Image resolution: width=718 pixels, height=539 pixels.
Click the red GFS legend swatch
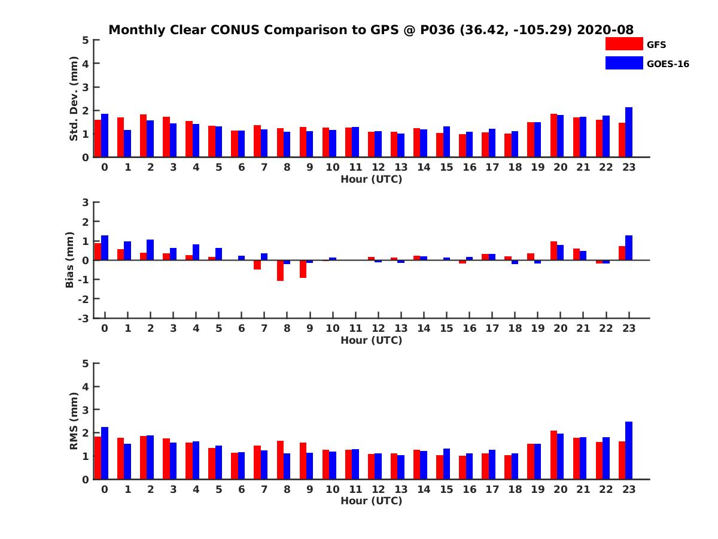pyautogui.click(x=624, y=44)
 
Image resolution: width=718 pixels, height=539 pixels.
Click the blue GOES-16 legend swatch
pyautogui.click(x=624, y=63)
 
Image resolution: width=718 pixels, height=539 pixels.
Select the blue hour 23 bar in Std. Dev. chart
pyautogui.click(x=628, y=132)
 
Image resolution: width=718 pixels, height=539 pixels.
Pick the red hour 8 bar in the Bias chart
pyautogui.click(x=280, y=270)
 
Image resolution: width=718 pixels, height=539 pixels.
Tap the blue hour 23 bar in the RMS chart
pyautogui.click(x=628, y=450)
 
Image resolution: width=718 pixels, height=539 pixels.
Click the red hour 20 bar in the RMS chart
pyautogui.click(x=553, y=455)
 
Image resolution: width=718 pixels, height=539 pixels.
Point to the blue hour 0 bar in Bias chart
pyautogui.click(x=105, y=248)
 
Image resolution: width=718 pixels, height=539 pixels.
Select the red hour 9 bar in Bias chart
pyautogui.click(x=303, y=269)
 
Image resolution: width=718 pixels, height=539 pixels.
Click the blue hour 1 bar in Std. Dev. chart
pyautogui.click(x=127, y=144)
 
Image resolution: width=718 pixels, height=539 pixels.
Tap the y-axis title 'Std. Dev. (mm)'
pyautogui.click(x=74, y=98)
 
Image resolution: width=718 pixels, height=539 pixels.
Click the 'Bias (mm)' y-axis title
pyautogui.click(x=69, y=260)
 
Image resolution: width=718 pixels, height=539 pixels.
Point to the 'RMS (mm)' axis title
pyautogui.click(x=74, y=421)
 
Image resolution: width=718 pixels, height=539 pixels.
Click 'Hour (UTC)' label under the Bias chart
pyautogui.click(x=372, y=340)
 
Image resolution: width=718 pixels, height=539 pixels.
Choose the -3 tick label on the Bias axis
pyautogui.click(x=83, y=319)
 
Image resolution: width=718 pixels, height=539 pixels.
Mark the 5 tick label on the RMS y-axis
pyautogui.click(x=86, y=364)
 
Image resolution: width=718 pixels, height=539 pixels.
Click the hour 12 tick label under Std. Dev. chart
pyautogui.click(x=378, y=167)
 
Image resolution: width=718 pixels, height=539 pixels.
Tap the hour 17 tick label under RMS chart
pyautogui.click(x=492, y=489)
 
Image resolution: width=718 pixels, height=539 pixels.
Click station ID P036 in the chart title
pyautogui.click(x=437, y=30)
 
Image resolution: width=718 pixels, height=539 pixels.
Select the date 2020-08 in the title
pyautogui.click(x=605, y=30)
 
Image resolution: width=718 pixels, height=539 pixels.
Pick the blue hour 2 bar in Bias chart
pyautogui.click(x=150, y=250)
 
